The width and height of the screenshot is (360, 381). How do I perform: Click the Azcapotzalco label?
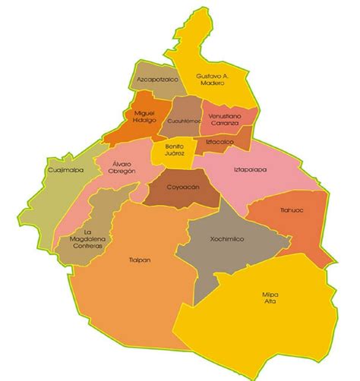click(x=157, y=78)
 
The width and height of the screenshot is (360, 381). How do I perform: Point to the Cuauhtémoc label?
click(x=185, y=121)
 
